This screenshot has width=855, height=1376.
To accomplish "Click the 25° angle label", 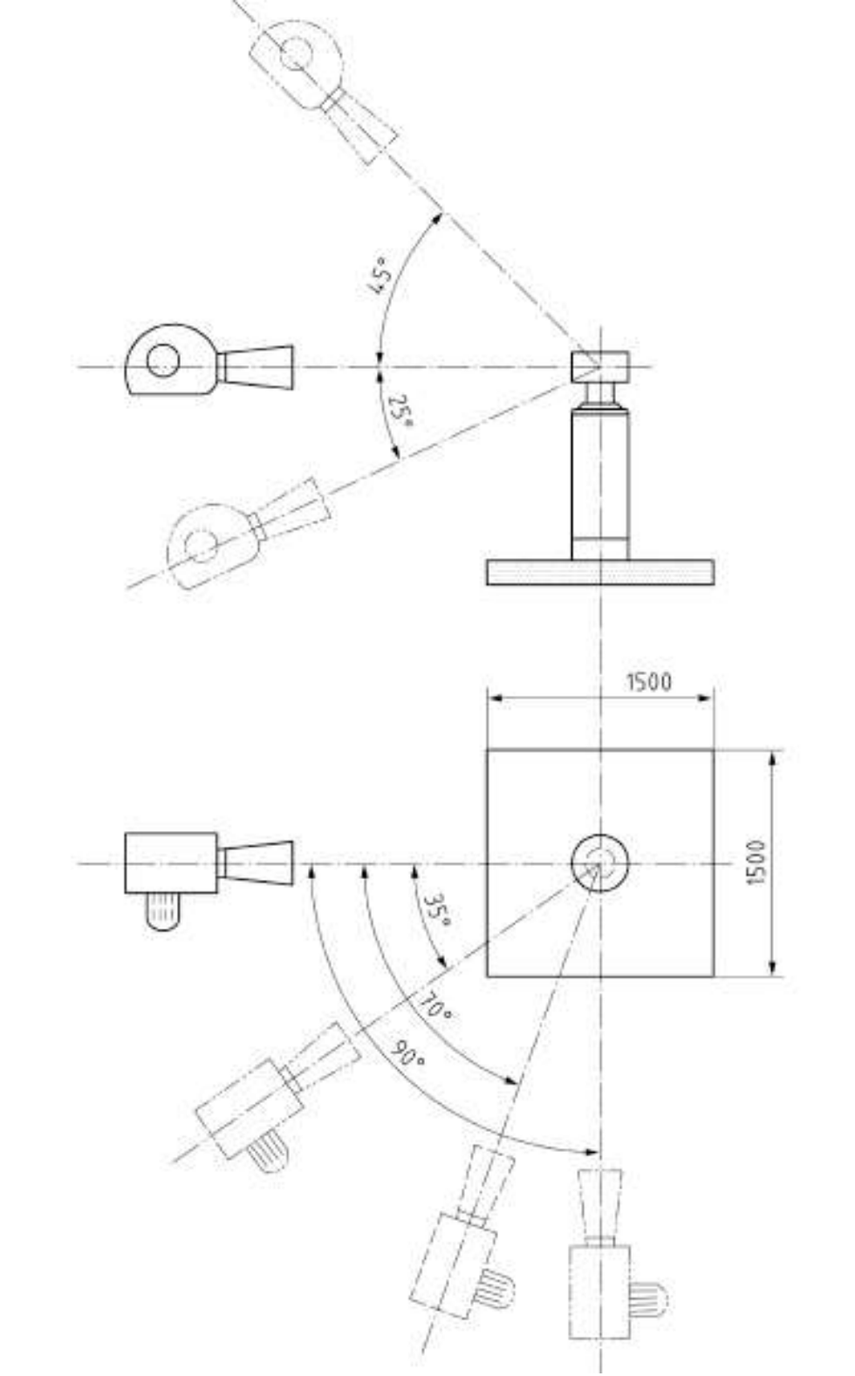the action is click(x=400, y=412).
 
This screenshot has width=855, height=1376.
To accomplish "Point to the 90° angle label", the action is click(x=409, y=1054).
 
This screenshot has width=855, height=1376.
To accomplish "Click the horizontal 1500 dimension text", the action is click(x=649, y=682).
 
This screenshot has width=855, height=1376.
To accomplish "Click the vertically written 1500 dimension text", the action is click(x=756, y=862).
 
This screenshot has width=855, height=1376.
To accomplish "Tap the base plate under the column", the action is click(x=600, y=573).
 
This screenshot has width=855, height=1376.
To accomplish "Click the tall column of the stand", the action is click(x=600, y=485).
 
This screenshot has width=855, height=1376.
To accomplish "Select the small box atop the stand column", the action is click(x=600, y=367).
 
